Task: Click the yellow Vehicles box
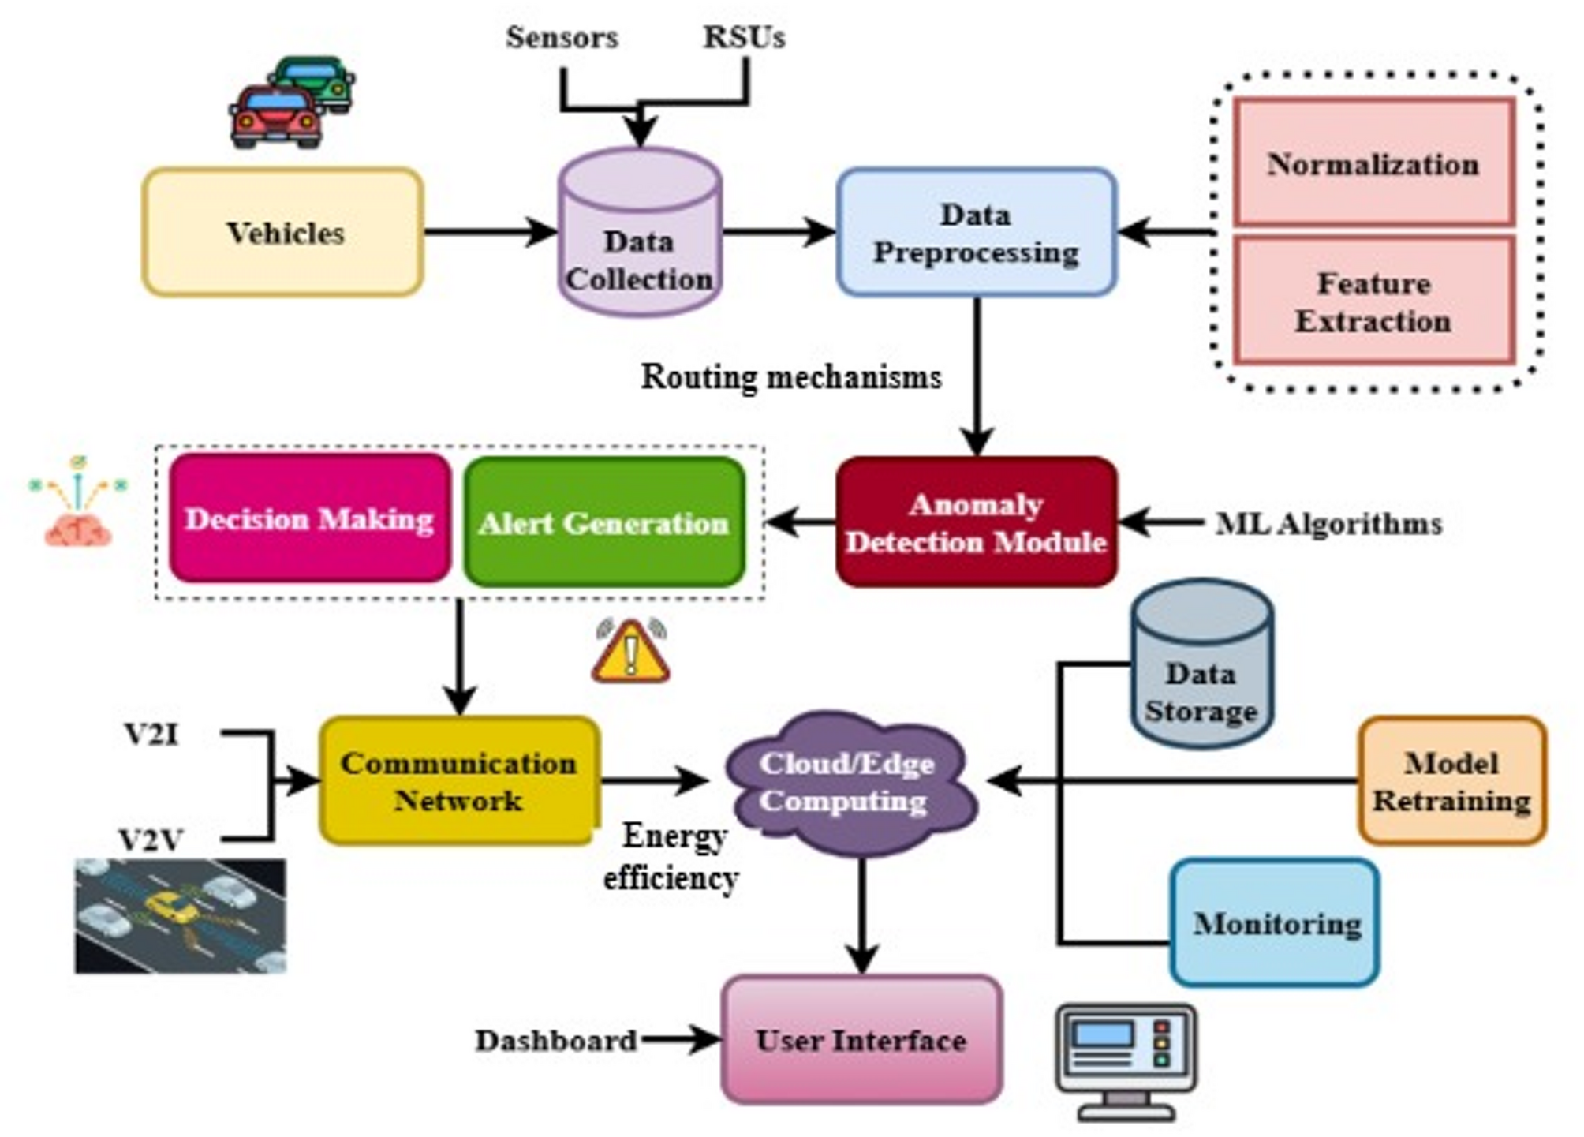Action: coord(282,232)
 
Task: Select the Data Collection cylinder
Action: coord(640,232)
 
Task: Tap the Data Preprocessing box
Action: coord(977,232)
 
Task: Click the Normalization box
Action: coord(1374,163)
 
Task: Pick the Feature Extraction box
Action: coord(1374,301)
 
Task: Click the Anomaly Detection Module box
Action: coord(977,522)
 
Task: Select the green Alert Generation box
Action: coord(604,522)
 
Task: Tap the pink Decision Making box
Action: coord(310,518)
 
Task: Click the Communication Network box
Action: coord(459,780)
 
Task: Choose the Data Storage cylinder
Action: coord(1201,664)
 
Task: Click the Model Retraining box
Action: coord(1451,780)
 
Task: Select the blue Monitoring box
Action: coord(1275,922)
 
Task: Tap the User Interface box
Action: coord(861,1039)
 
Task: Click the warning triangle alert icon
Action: coord(631,650)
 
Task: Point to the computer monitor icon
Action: coord(1126,1062)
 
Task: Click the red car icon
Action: coord(275,118)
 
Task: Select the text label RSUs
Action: coord(745,37)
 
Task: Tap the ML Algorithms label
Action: coord(1329,523)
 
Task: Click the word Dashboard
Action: coord(556,1041)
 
